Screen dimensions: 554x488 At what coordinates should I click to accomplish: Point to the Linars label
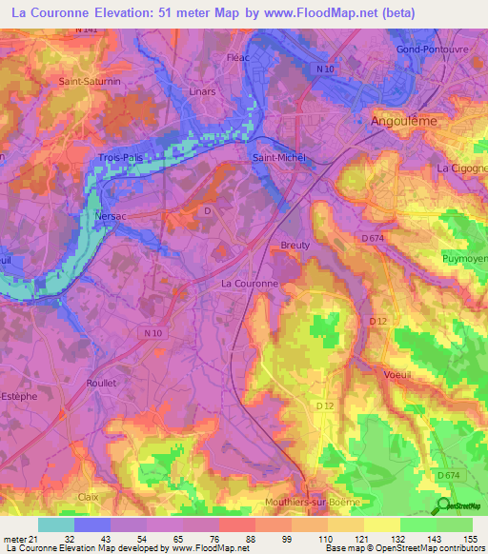pos(201,92)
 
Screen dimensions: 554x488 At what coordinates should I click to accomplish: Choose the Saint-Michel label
pos(278,158)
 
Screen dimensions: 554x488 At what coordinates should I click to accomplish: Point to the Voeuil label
pos(397,374)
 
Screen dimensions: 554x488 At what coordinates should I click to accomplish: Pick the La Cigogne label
pos(461,168)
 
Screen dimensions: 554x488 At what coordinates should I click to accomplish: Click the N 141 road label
pos(87,31)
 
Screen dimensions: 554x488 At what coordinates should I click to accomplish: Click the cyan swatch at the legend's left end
pos(56,524)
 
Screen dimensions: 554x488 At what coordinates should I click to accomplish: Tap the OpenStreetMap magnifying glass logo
pos(443,506)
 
